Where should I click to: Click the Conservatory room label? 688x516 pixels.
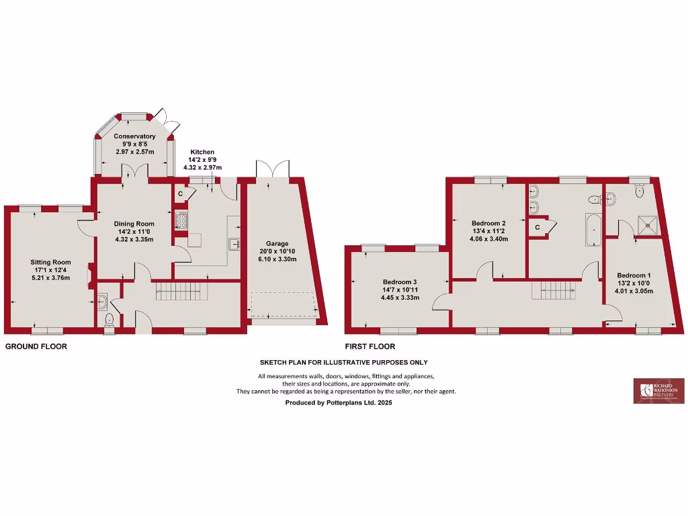tap(134, 136)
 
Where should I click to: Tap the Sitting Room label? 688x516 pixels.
tap(50, 263)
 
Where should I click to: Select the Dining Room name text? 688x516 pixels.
tap(134, 224)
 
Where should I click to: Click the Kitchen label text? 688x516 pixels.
tap(202, 152)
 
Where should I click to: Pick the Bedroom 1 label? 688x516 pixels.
tap(634, 275)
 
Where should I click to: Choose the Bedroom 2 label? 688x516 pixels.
tap(488, 223)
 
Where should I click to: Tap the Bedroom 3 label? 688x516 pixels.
tap(400, 282)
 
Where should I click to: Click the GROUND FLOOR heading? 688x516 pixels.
tap(36, 347)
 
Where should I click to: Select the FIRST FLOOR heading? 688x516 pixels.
tap(370, 347)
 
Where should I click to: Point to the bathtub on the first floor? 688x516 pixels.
tap(593, 230)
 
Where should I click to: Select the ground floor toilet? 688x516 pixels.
tap(109, 321)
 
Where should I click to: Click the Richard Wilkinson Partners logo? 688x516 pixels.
tap(658, 391)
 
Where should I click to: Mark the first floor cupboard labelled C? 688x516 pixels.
tap(538, 228)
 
